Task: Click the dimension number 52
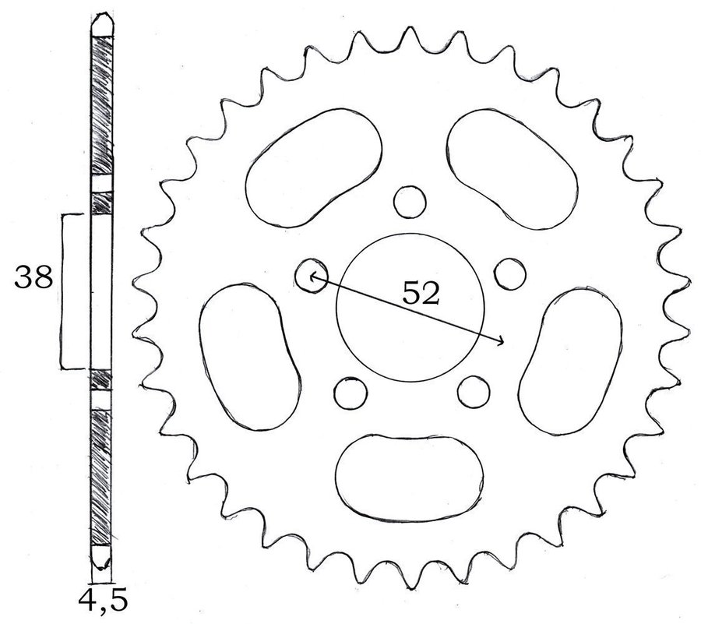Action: click(x=421, y=293)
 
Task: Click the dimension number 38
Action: click(x=33, y=277)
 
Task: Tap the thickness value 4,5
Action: click(x=103, y=601)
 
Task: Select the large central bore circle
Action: click(x=336, y=308)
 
